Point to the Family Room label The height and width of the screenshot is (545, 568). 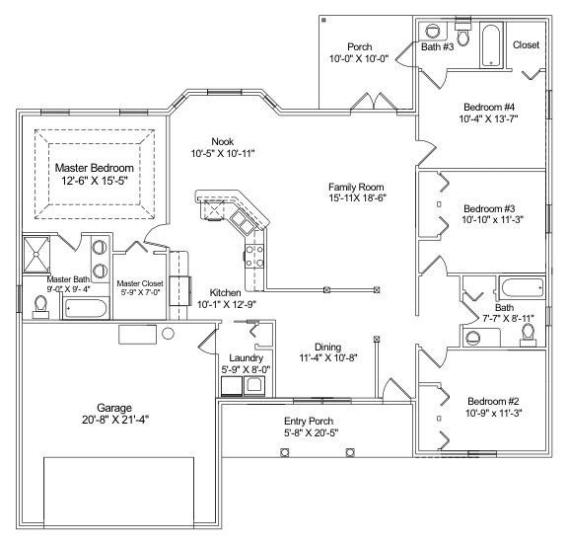pyautogui.click(x=356, y=186)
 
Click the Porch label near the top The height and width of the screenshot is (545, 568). pyautogui.click(x=359, y=46)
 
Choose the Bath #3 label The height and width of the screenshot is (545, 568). pyautogui.click(x=437, y=45)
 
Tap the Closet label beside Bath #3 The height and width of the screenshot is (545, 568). pyautogui.click(x=526, y=44)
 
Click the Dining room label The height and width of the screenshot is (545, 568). pyautogui.click(x=327, y=347)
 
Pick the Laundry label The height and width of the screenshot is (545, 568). pyautogui.click(x=244, y=357)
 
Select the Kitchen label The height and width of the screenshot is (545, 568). pyautogui.click(x=226, y=293)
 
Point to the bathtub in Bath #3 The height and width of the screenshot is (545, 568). pyautogui.click(x=491, y=45)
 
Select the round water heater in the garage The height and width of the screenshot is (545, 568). pyautogui.click(x=167, y=334)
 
